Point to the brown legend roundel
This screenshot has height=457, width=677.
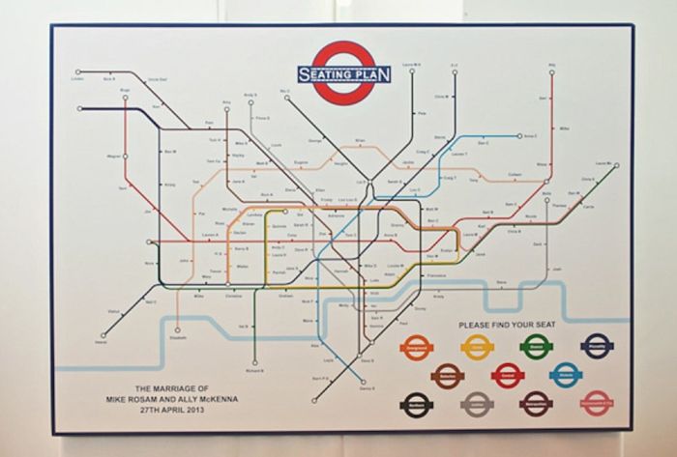point(447,372)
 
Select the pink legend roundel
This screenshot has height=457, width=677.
point(598,398)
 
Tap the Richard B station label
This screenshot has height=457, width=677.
point(255,372)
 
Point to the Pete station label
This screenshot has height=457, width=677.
point(422,113)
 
